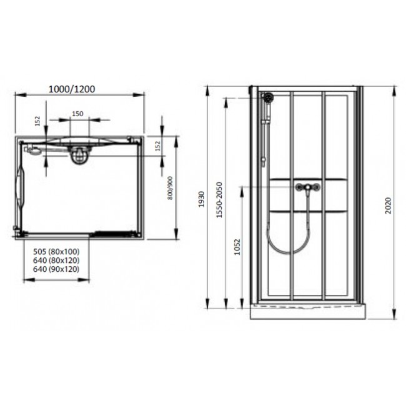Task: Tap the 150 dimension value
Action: tap(77, 114)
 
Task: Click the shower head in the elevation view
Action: tap(269, 98)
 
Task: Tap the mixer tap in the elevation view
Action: tap(308, 187)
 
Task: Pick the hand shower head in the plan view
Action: tap(35, 149)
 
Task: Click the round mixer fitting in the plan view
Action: tap(79, 154)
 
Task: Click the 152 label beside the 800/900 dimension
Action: tap(157, 144)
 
